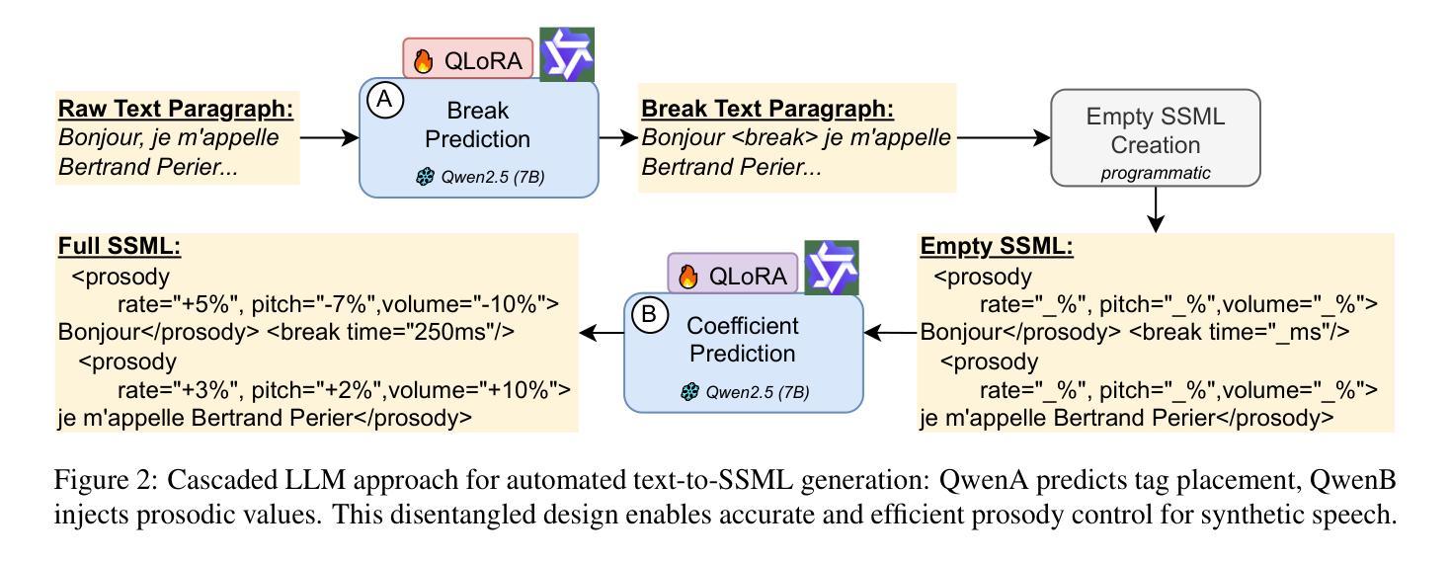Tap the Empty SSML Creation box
1155,137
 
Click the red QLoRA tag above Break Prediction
468,60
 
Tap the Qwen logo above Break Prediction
567,54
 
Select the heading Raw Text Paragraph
177,108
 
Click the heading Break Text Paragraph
767,108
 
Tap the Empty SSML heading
995,247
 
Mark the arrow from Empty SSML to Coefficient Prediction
891,334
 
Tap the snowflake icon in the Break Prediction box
427,179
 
